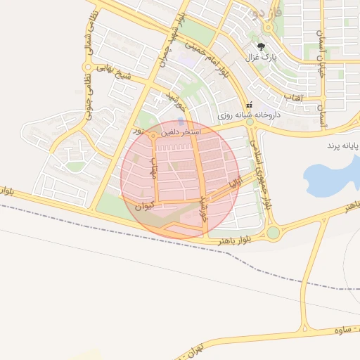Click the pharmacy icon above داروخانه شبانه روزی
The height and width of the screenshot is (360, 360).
[x=249, y=104]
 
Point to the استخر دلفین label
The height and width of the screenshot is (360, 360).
[x=181, y=131]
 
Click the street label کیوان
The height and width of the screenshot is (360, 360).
[x=143, y=206]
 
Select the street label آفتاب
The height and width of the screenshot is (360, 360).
[x=292, y=97]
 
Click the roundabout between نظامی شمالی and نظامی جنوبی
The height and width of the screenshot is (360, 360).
[x=88, y=67]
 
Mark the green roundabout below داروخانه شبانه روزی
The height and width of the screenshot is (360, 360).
[x=249, y=122]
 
